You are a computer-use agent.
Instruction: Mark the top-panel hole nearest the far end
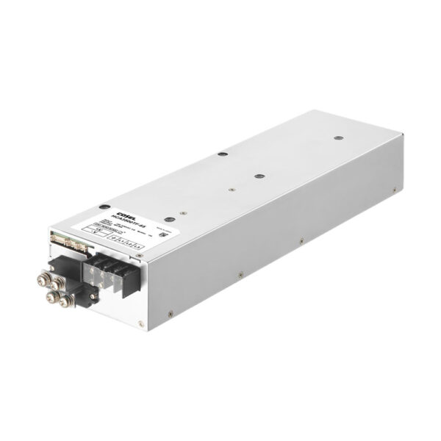point(338,137)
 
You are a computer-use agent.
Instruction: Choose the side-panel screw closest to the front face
point(171,313)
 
